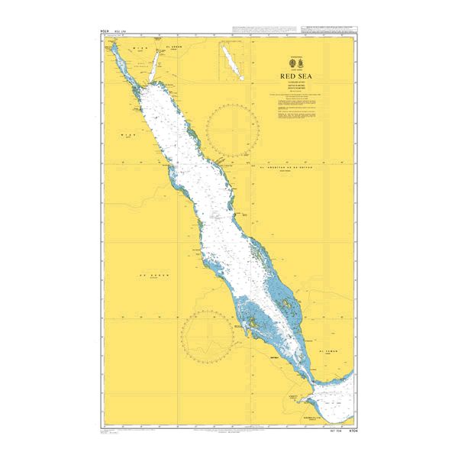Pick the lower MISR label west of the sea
click(x=126, y=134)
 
